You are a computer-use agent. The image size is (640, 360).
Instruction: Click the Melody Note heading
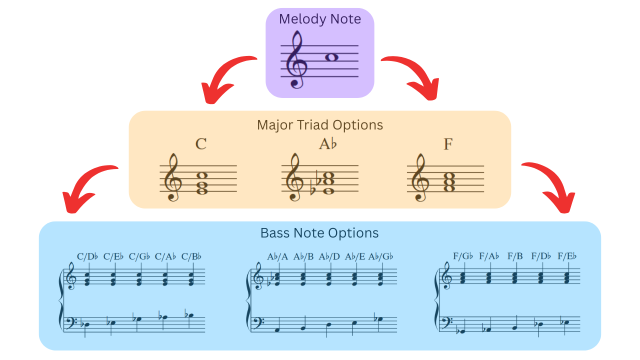[319, 19]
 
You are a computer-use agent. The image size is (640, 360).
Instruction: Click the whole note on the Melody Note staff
[331, 57]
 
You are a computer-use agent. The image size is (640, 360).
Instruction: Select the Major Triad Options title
[319, 124]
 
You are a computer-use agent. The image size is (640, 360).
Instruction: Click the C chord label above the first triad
[201, 144]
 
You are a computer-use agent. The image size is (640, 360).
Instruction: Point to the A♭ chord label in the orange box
[328, 144]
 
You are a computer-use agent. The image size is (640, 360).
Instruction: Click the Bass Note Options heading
[319, 233]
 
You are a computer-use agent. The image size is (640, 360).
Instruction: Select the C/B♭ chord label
[191, 257]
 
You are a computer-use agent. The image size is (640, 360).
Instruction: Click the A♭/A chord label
[277, 257]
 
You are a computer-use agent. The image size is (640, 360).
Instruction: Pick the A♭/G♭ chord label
[381, 257]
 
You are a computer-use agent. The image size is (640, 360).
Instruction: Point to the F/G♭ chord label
[463, 257]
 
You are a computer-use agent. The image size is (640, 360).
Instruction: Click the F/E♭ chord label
[567, 257]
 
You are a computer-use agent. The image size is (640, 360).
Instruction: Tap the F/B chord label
[515, 257]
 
